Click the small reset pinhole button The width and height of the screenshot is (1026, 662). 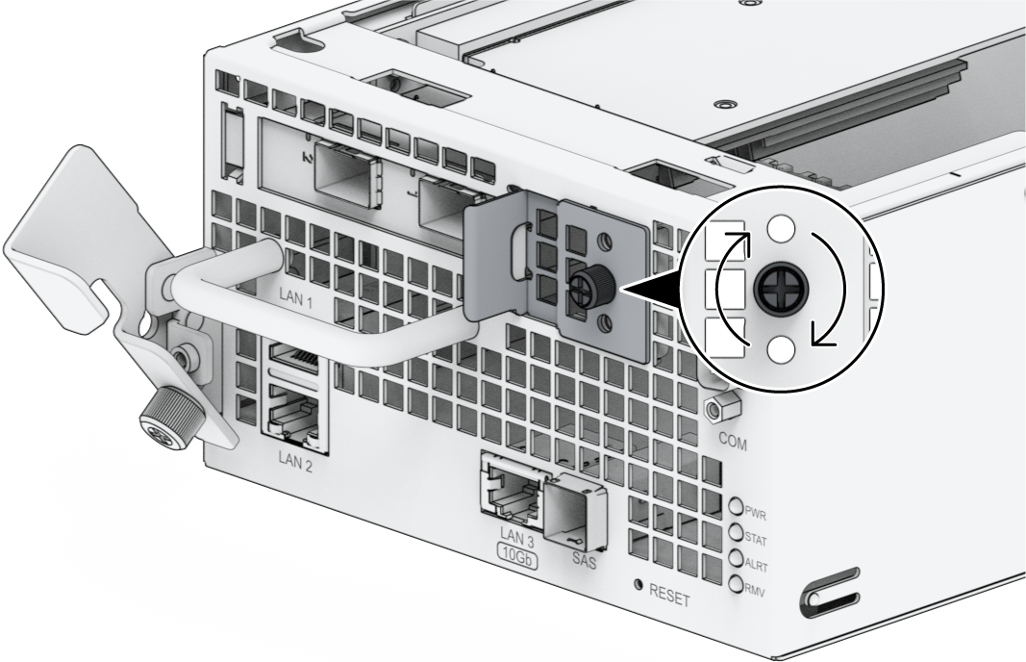tap(638, 585)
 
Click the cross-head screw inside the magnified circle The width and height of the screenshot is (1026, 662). tap(782, 289)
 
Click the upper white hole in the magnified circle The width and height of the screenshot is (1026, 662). tap(782, 227)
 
